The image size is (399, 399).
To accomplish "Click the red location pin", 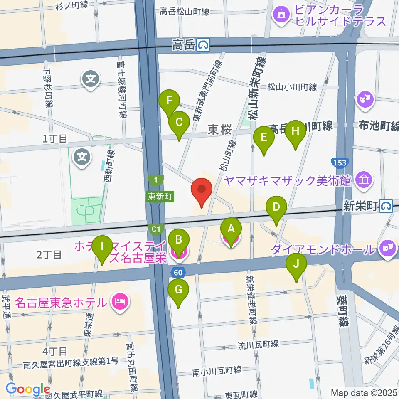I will [202, 191].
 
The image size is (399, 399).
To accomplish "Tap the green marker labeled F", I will [169, 102].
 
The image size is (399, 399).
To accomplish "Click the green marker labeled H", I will [296, 133].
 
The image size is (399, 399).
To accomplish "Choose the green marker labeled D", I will [276, 208].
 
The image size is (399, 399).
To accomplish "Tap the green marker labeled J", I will [296, 265].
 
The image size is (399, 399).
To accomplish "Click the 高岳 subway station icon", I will [203, 44].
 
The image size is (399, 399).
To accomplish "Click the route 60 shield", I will [177, 272].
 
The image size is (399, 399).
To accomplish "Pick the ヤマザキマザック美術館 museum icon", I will [365, 180].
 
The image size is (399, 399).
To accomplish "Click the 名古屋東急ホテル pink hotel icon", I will [120, 300].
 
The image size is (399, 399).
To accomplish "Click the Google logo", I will [28, 389].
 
